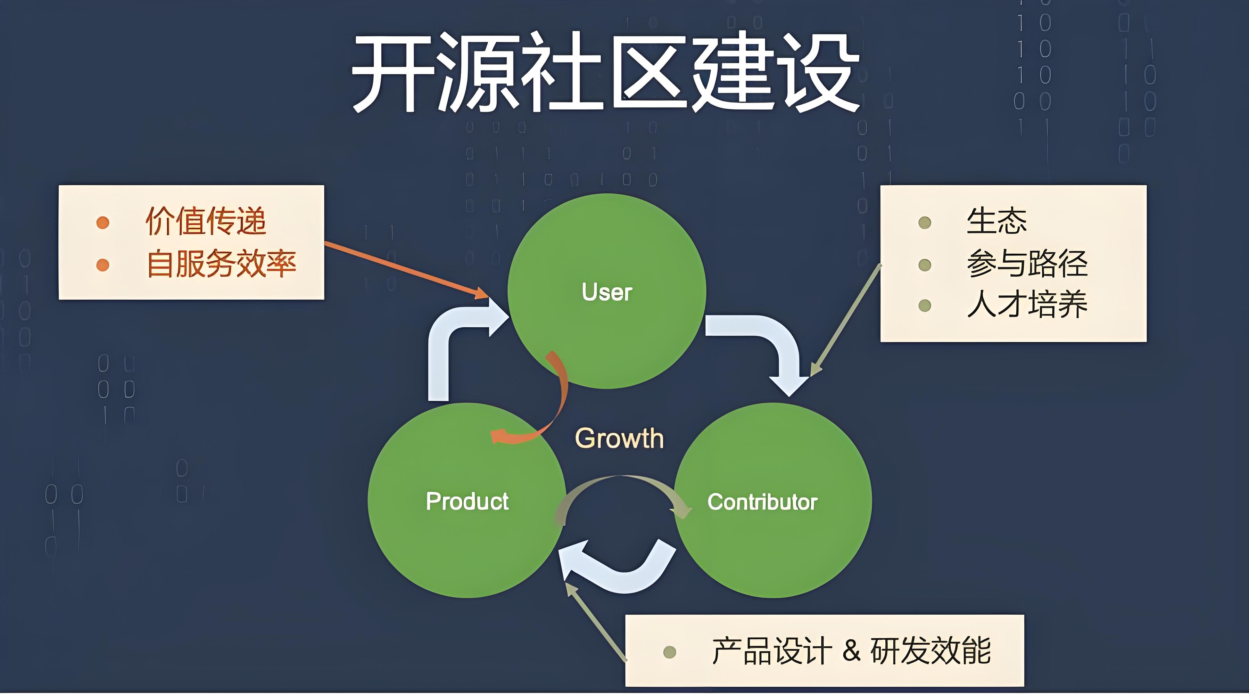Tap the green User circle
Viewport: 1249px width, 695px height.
coord(606,291)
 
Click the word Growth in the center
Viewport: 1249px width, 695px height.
coord(619,439)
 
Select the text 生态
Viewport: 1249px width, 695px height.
coord(996,221)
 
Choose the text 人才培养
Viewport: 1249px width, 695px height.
coord(1027,304)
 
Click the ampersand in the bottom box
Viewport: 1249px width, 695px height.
coord(851,651)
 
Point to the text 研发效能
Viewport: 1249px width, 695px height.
coord(930,651)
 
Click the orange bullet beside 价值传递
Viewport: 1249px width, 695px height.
coord(103,223)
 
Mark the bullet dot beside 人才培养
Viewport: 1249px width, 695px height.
coord(925,305)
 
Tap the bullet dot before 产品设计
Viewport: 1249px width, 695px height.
coord(670,652)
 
